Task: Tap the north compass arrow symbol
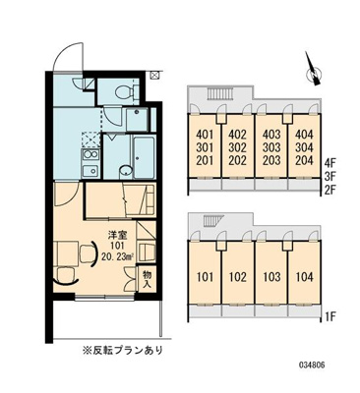312,72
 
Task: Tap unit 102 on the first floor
236,277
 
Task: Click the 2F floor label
330,183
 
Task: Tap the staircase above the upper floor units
218,93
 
